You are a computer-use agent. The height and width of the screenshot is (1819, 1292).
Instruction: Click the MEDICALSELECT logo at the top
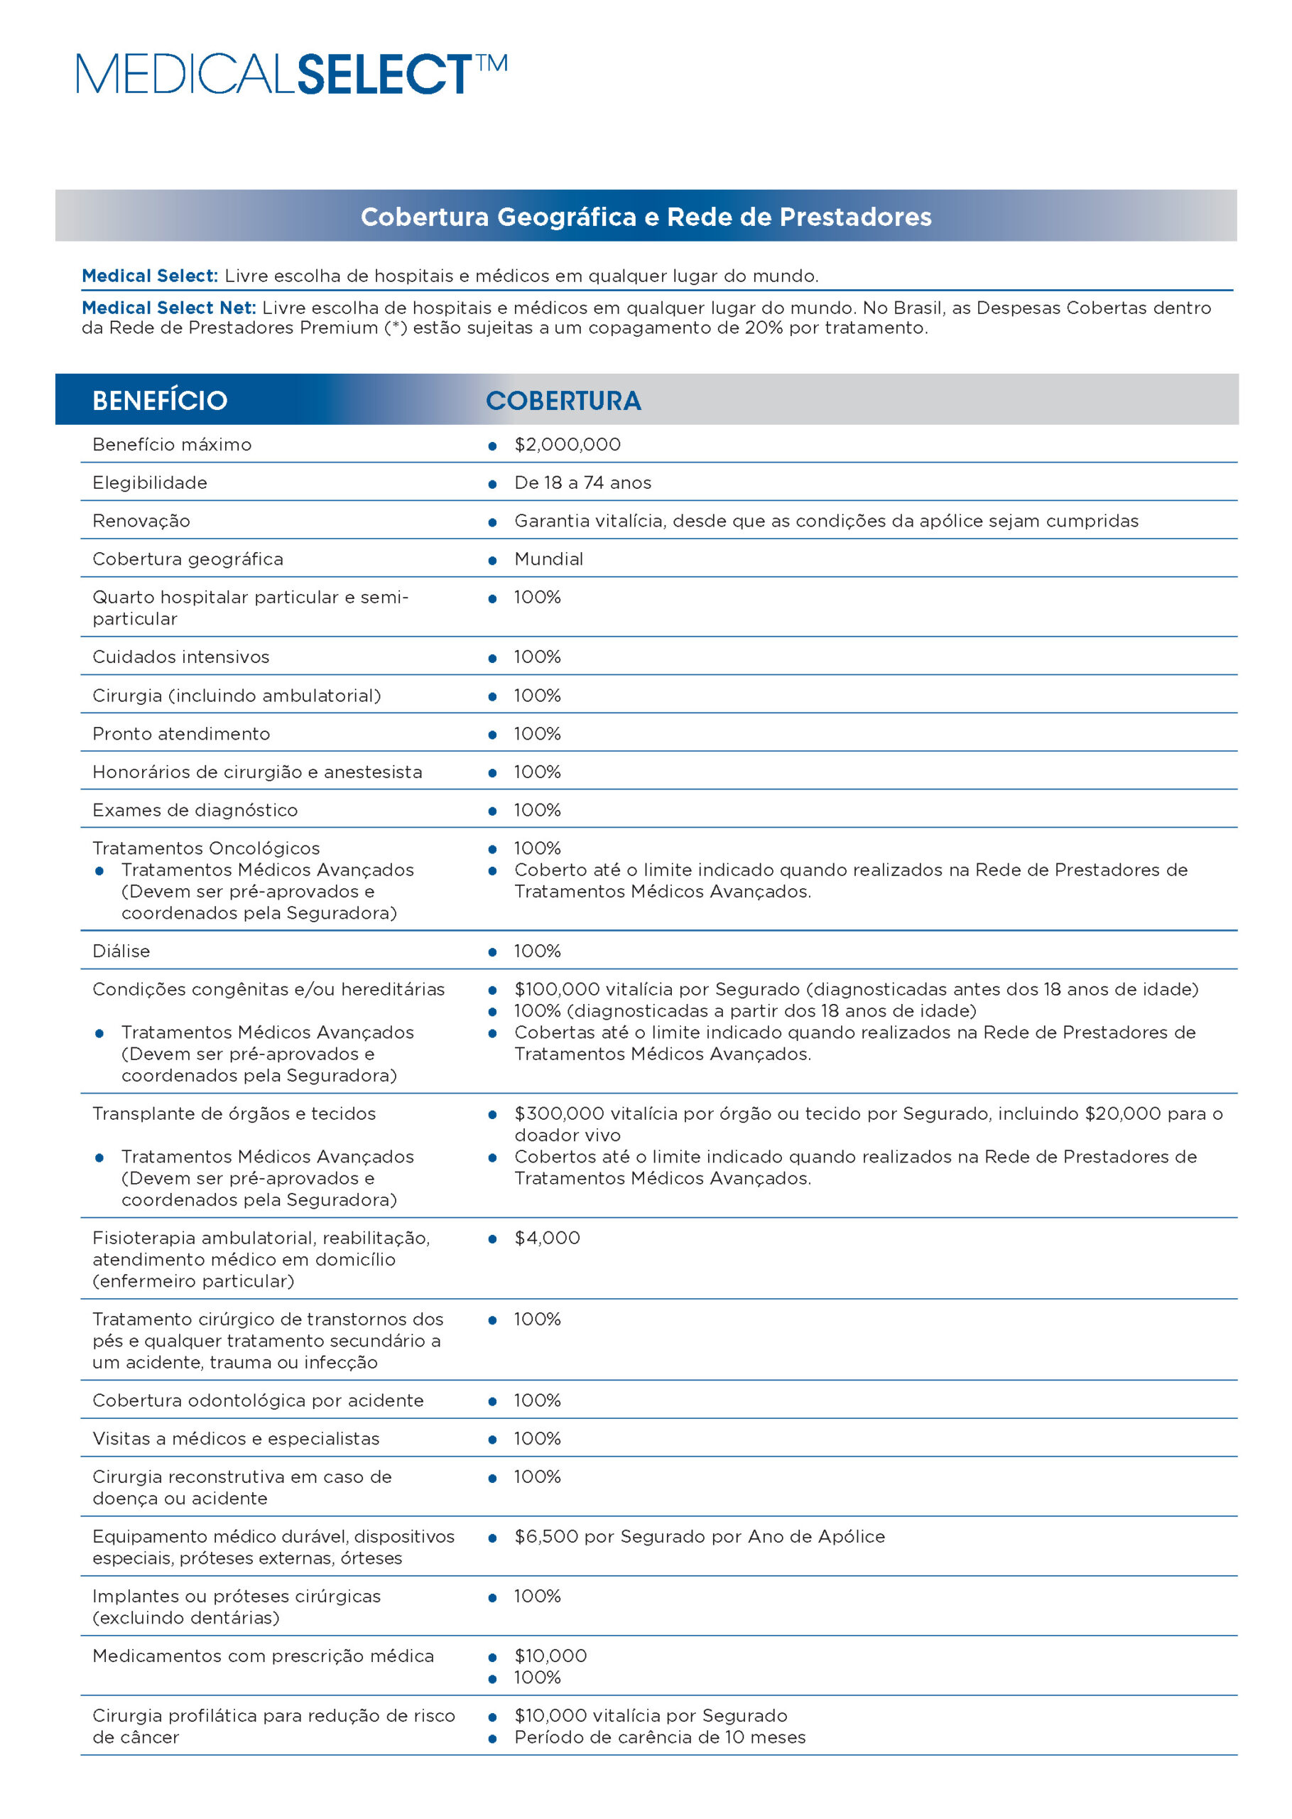pyautogui.click(x=291, y=74)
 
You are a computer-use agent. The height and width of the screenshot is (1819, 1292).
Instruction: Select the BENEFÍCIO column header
pyautogui.click(x=160, y=400)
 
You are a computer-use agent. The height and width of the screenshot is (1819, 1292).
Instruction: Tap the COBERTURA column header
pyautogui.click(x=563, y=400)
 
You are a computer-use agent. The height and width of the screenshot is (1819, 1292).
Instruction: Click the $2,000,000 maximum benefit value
pyautogui.click(x=568, y=445)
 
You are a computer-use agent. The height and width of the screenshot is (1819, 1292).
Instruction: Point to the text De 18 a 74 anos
pyautogui.click(x=582, y=483)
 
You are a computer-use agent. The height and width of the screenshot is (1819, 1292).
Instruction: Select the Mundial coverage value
pyautogui.click(x=548, y=559)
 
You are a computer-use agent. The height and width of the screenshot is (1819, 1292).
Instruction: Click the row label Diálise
pyautogui.click(x=121, y=951)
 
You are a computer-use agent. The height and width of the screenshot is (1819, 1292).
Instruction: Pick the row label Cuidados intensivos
pyautogui.click(x=180, y=657)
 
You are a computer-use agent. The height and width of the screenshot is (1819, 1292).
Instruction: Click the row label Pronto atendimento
pyautogui.click(x=180, y=734)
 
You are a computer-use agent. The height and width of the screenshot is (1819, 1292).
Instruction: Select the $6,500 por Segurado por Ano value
pyautogui.click(x=700, y=1536)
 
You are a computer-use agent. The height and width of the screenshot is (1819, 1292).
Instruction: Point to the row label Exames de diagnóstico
pyautogui.click(x=195, y=810)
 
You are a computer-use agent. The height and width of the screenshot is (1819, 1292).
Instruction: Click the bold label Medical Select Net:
pyautogui.click(x=168, y=308)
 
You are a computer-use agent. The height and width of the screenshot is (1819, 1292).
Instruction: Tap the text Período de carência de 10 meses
pyautogui.click(x=660, y=1737)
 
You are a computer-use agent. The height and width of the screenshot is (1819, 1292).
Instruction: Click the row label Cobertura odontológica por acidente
pyautogui.click(x=258, y=1400)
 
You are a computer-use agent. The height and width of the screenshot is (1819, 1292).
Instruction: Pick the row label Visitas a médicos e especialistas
pyautogui.click(x=236, y=1439)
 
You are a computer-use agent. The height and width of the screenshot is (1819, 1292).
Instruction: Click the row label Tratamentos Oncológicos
pyautogui.click(x=206, y=848)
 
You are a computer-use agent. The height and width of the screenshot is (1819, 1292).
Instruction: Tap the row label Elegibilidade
pyautogui.click(x=150, y=483)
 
